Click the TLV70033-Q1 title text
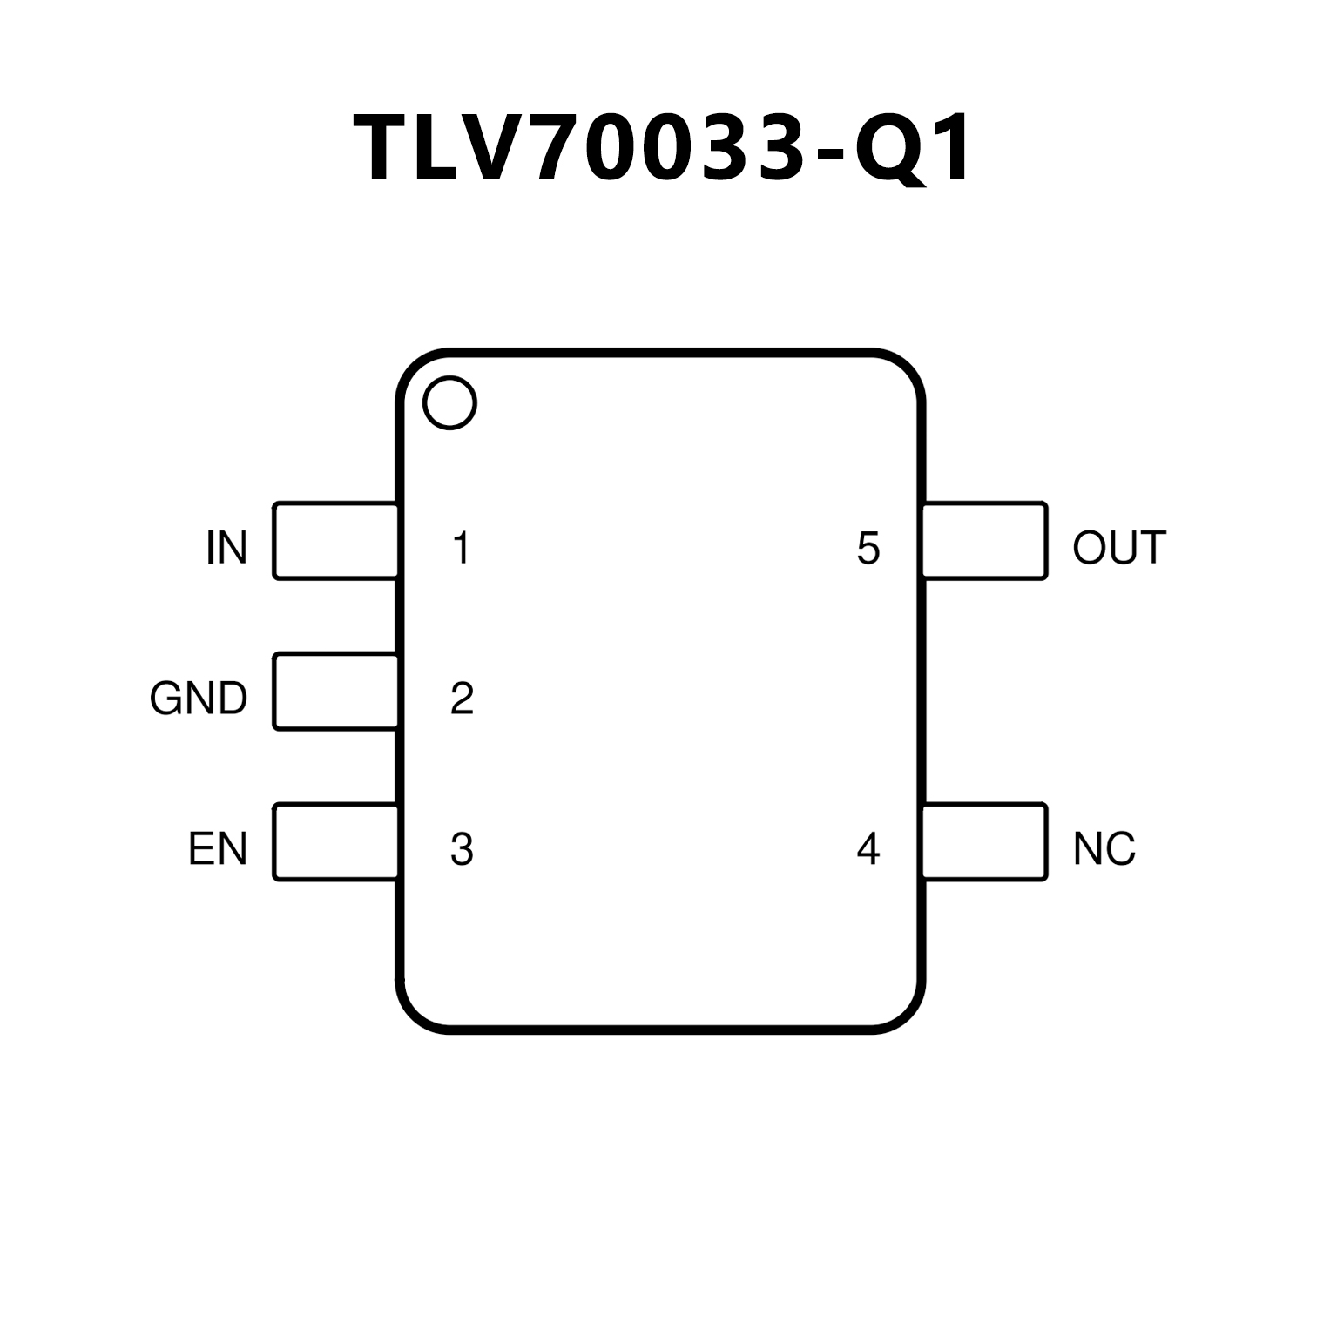coord(664,149)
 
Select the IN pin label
coord(226,548)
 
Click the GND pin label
coord(199,699)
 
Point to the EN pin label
coord(218,849)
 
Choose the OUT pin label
coord(1119,548)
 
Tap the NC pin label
coord(1104,849)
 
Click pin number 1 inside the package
coord(462,548)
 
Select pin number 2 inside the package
coord(462,699)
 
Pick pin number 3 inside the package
coord(462,849)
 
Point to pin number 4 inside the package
coord(868,849)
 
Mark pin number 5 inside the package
coord(868,548)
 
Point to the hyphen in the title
coord(831,154)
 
